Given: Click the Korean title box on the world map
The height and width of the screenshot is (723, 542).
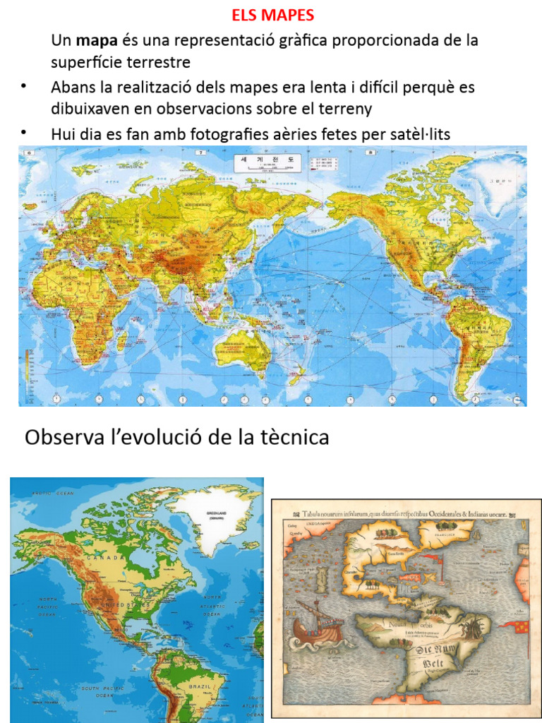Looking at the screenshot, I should click(x=267, y=164).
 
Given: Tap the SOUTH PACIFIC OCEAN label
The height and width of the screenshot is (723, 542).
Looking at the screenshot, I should click(x=99, y=693).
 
